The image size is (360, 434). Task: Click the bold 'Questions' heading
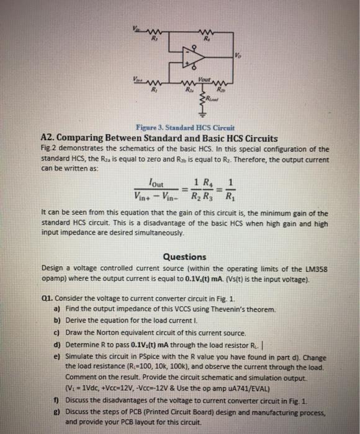click(x=184, y=257)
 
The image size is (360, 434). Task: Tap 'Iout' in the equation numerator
click(x=146, y=181)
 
